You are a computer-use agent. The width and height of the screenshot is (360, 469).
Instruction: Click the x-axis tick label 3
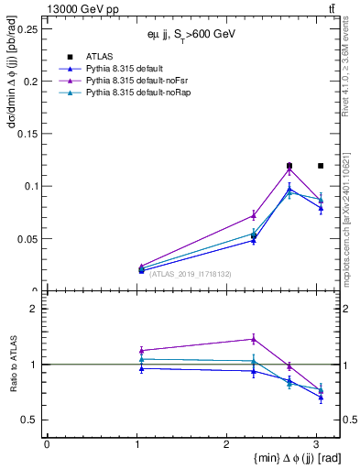coord(317,443)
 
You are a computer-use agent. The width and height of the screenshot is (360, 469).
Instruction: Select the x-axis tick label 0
coord(47,443)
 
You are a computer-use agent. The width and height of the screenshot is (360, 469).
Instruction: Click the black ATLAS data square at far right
coord(320,166)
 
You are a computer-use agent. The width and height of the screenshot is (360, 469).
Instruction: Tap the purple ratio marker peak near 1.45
coord(254,339)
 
